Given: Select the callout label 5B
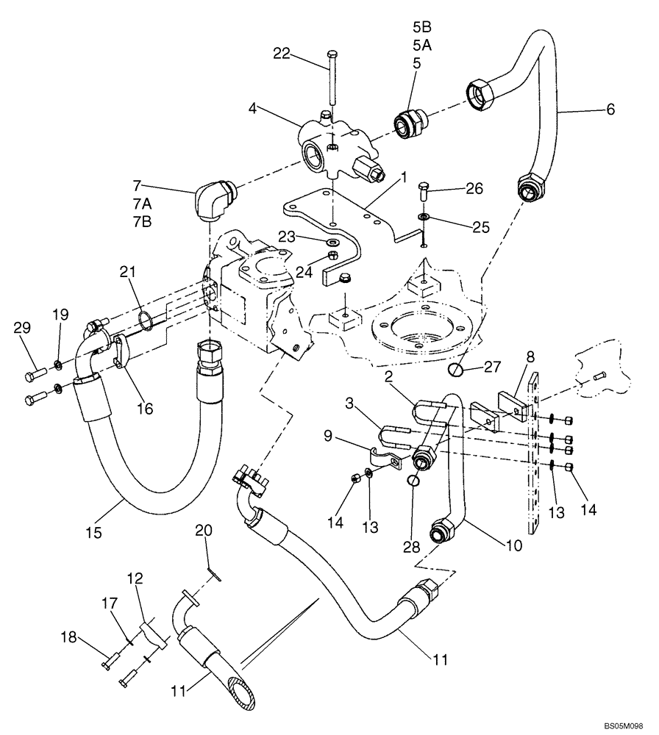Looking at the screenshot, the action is pos(421,27).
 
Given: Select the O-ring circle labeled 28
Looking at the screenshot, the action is pos(415,481).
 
